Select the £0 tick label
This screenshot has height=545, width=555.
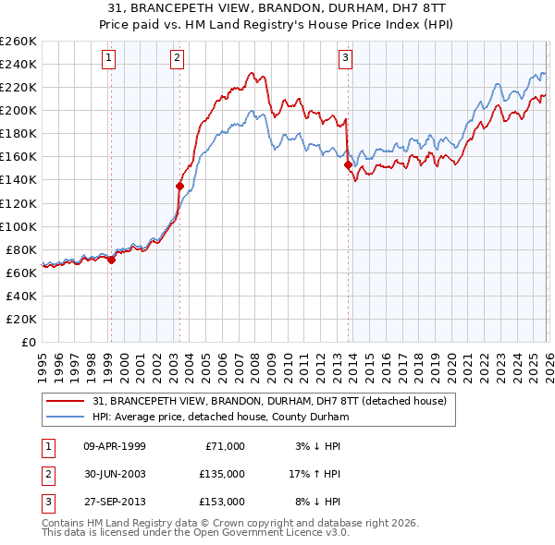pos(28,342)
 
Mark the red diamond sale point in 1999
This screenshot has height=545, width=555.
pos(112,260)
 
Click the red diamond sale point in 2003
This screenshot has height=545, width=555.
pos(180,186)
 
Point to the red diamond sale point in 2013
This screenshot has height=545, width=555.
pos(349,165)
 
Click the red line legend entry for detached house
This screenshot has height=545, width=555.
pos(270,401)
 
